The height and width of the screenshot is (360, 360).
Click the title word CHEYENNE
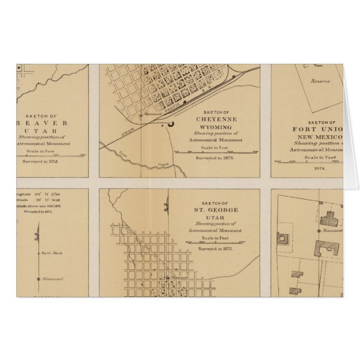coord(216,119)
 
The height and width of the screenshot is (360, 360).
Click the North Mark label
coord(50,254)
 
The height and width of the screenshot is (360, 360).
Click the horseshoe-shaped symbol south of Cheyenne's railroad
coord(170,124)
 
